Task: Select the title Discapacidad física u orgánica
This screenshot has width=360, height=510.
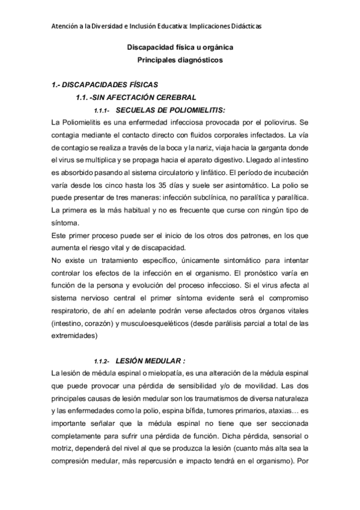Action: (x=180, y=47)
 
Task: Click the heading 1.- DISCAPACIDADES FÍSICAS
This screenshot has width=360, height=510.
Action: (x=105, y=85)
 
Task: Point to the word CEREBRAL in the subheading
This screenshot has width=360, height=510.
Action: (x=178, y=97)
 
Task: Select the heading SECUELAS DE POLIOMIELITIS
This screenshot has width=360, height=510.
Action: (x=170, y=110)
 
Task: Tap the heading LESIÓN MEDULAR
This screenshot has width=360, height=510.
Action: (x=150, y=361)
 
